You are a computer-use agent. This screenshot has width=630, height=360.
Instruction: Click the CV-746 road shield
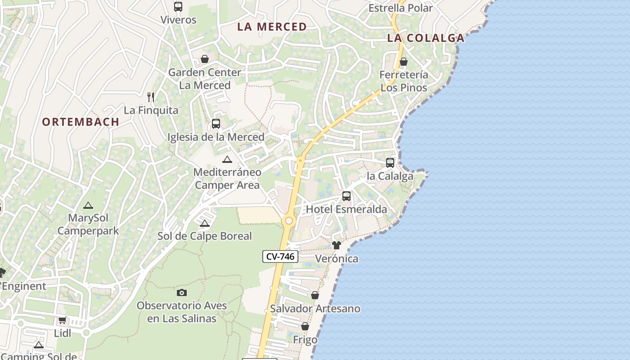pos(280,256)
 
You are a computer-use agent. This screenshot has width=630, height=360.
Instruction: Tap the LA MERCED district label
pos(272,27)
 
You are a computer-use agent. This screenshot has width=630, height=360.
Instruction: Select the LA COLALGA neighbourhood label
pos(426,38)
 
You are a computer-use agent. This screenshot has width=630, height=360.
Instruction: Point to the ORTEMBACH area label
pos(81,121)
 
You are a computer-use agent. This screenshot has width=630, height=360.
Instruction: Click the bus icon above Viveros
pos(178,7)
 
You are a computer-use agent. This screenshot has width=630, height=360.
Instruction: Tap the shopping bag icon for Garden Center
pos(205,59)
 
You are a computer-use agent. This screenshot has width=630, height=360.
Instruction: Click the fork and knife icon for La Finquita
pos(151,97)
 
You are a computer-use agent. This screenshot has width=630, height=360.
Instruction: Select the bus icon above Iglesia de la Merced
pos(216,124)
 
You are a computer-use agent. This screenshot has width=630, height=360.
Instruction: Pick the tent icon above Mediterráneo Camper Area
pos(227,159)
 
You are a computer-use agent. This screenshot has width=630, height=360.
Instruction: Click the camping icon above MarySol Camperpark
pos(88,205)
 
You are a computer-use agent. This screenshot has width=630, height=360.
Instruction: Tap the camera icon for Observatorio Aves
pos(182,292)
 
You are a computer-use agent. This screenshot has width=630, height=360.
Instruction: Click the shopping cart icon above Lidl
pos(63,320)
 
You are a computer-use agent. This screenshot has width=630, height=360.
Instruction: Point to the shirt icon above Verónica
pos(337,245)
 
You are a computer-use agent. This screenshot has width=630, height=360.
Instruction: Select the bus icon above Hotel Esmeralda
pos(346,196)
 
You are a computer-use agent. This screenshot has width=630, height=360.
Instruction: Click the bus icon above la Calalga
pos(390,163)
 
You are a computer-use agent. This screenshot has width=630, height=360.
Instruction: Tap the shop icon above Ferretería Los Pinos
pos(404,62)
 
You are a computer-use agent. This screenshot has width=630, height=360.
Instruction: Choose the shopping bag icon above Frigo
pos(305,326)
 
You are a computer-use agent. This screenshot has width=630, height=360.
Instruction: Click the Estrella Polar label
pos(400,8)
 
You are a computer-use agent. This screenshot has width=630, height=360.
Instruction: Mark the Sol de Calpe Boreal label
pos(205,236)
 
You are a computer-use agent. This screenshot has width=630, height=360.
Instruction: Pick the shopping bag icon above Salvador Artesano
pos(315,295)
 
